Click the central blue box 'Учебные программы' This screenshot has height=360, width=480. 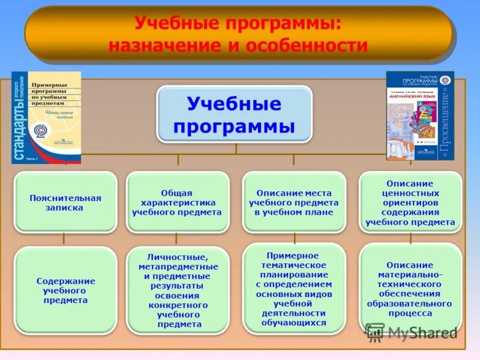tap(235, 114)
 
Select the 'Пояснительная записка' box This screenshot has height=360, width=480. tap(65, 202)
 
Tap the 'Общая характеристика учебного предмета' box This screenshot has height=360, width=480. tap(177, 202)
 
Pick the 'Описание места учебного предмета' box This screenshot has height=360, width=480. tap(293, 202)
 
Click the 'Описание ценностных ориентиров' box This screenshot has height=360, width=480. tap(410, 202)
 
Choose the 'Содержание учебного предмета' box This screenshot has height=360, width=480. tap(65, 290)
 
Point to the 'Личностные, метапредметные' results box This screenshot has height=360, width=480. tap(178, 290)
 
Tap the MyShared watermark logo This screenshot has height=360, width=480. tap(412, 332)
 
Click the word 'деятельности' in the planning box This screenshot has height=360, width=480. tap(294, 313)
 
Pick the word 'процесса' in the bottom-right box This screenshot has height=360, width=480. tap(410, 313)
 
